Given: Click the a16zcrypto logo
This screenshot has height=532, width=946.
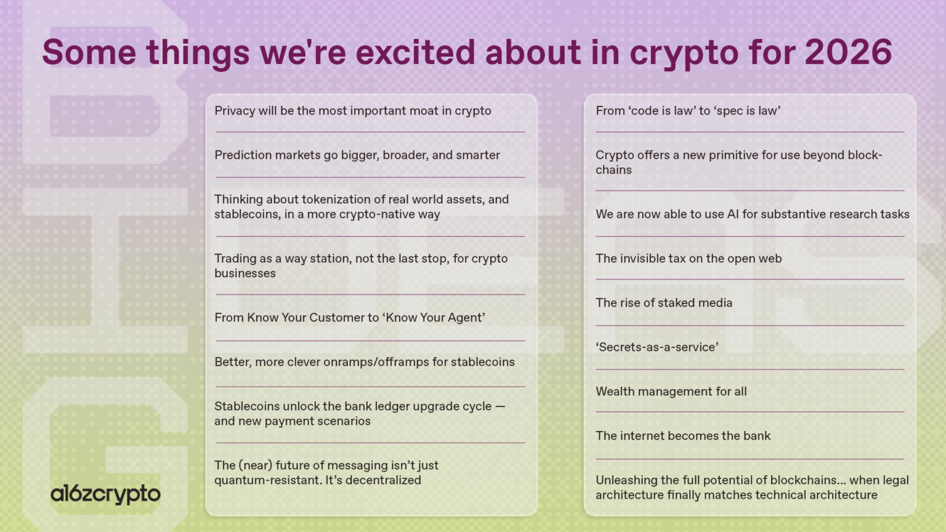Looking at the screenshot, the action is click(x=105, y=494).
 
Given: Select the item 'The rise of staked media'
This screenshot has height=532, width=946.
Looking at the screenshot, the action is click(x=664, y=303).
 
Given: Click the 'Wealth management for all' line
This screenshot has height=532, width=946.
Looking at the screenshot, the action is click(x=671, y=392).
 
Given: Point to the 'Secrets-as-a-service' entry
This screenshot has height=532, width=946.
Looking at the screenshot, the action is click(x=657, y=347).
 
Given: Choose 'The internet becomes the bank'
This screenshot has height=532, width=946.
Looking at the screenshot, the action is click(x=683, y=436).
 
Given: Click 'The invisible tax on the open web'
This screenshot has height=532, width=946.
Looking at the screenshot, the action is click(x=689, y=259).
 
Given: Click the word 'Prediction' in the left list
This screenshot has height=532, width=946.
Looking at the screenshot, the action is click(x=243, y=155).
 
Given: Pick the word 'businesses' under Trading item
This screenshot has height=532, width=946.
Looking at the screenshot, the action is click(x=245, y=273).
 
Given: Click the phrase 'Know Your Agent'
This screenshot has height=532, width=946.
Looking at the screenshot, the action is click(x=435, y=318).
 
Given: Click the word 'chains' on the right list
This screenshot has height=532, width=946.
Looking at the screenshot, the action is click(x=613, y=170).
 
